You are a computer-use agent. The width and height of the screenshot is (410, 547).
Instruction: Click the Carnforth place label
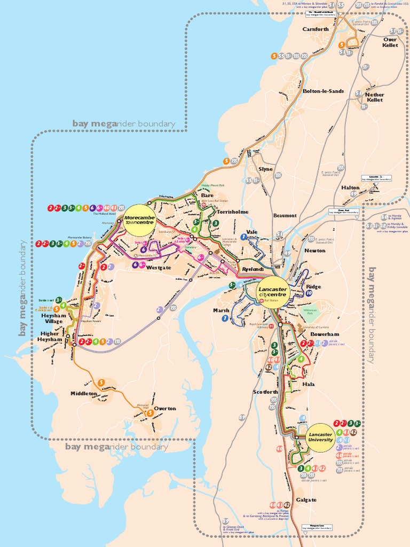click(316, 29)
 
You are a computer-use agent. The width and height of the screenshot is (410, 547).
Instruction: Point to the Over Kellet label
click(390, 42)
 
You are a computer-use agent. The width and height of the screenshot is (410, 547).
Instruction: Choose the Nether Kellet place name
click(375, 97)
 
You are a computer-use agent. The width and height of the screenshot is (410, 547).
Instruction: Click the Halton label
click(350, 187)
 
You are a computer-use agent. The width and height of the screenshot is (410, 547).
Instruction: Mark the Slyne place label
click(265, 169)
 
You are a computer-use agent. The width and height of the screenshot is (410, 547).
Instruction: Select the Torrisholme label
click(233, 212)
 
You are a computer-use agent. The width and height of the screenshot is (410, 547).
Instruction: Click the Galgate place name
click(306, 500)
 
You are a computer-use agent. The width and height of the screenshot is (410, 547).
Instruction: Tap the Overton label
click(164, 409)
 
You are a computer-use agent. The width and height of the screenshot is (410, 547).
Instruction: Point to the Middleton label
click(84, 394)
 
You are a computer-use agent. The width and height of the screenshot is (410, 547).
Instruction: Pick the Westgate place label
click(159, 267)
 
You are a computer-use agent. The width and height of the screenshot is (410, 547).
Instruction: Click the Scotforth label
click(265, 392)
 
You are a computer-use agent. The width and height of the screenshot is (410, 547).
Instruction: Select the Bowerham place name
click(325, 334)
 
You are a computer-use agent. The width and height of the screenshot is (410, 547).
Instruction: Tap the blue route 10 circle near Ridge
click(309, 293)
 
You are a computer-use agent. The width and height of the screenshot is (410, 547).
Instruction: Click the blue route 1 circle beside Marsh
click(225, 318)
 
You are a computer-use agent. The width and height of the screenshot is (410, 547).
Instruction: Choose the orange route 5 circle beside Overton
click(150, 413)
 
